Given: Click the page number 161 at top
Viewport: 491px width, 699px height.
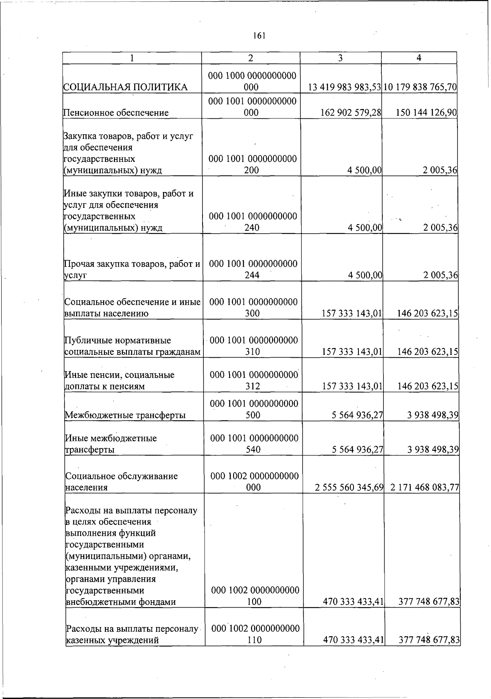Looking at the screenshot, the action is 259,36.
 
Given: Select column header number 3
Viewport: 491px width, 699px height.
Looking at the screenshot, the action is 340,58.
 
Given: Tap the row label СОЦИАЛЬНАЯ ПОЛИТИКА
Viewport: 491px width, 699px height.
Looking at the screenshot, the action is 126,87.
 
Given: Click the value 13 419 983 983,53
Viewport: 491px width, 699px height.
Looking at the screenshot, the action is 345,87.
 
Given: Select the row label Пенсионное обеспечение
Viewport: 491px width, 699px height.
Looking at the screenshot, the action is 116,113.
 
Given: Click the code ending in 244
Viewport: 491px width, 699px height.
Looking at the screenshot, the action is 253,270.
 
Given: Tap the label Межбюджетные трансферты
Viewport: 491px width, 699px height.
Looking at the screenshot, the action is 125,415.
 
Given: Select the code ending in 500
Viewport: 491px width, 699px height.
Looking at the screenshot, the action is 254,409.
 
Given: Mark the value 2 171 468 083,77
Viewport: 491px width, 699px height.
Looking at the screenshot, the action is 425,488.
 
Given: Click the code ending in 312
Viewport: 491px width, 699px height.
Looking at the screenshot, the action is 254,381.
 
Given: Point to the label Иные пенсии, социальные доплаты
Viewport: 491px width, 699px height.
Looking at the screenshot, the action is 119,381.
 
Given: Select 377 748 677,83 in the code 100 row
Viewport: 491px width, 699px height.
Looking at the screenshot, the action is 429,601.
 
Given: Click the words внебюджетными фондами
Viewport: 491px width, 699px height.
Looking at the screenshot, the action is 121,602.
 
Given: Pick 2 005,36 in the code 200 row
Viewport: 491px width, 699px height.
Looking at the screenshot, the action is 440,170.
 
